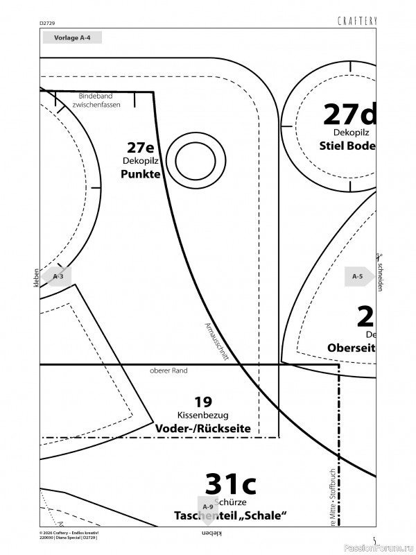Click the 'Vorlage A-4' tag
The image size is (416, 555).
71,38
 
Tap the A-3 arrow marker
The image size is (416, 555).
59,276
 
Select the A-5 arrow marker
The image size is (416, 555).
358,276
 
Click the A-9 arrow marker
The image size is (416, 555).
207,507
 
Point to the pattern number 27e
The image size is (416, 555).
141,148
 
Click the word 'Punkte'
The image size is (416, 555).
140,174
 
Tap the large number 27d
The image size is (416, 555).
349,114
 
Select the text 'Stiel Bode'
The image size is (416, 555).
347,146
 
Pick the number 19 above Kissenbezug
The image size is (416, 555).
202,401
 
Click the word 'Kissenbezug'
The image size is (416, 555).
202,414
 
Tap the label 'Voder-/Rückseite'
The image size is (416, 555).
202,428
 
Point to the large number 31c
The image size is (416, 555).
231,482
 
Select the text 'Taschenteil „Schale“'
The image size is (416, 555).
230,515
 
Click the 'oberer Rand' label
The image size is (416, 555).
168,370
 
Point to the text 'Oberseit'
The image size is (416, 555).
351,348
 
